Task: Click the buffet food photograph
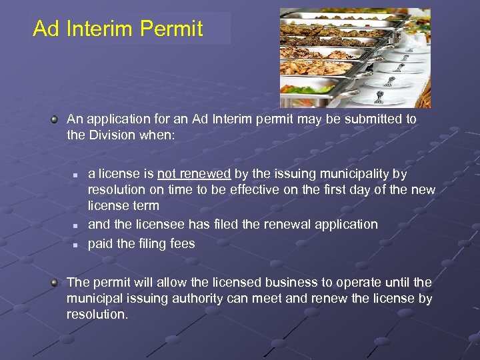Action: (x=355, y=58)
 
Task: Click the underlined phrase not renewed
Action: (x=194, y=173)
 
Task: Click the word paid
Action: (x=101, y=243)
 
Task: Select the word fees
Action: (x=181, y=243)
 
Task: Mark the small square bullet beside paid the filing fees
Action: (x=76, y=245)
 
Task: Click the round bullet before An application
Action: (x=55, y=119)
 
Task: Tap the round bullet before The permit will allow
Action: (x=55, y=283)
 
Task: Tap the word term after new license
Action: (x=146, y=206)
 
